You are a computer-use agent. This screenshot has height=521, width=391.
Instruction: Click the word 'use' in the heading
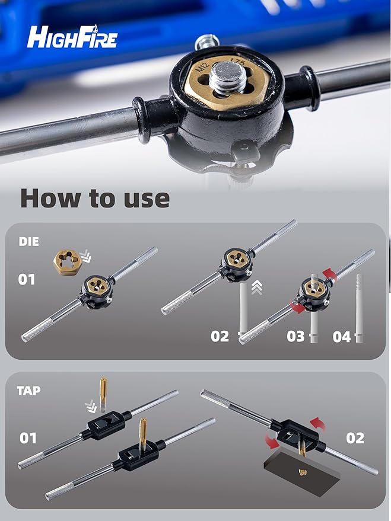click(x=147, y=199)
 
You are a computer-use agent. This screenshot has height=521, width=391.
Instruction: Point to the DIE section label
click(x=28, y=242)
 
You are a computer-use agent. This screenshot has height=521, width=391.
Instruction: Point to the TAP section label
click(x=28, y=391)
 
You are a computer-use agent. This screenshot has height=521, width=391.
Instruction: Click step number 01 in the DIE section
click(x=27, y=279)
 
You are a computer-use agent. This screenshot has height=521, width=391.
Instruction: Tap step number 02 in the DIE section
click(x=220, y=336)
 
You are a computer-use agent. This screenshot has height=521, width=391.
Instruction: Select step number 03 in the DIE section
click(x=295, y=336)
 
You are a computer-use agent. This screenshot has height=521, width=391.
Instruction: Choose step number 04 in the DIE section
click(x=342, y=337)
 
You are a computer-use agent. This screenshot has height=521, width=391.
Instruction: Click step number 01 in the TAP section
click(x=28, y=438)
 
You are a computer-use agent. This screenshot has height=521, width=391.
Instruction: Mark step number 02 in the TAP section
click(x=355, y=438)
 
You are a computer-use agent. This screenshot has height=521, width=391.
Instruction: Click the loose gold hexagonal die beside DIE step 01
click(x=67, y=263)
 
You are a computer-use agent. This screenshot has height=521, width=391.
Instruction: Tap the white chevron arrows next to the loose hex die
click(x=86, y=257)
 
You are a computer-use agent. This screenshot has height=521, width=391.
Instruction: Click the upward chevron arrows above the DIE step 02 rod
click(x=257, y=287)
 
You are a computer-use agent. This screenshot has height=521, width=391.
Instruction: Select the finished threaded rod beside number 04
click(x=359, y=308)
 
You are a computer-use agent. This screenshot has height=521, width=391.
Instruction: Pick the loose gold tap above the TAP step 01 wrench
click(x=103, y=394)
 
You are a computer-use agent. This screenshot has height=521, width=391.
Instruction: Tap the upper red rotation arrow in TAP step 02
click(x=317, y=424)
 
